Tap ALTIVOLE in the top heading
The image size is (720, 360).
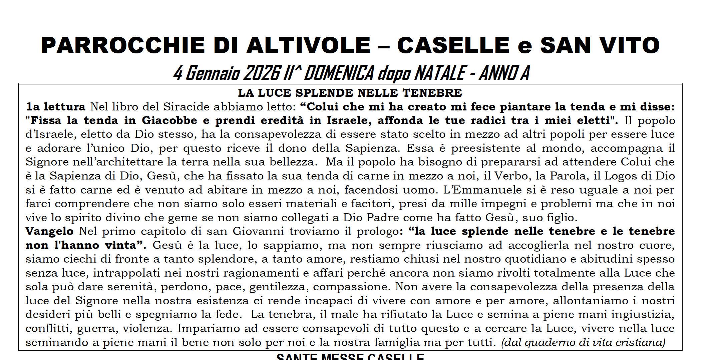(309, 45)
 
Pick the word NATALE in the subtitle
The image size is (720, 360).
(440, 73)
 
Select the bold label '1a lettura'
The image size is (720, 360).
(56, 107)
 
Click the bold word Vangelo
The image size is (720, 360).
(49, 231)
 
